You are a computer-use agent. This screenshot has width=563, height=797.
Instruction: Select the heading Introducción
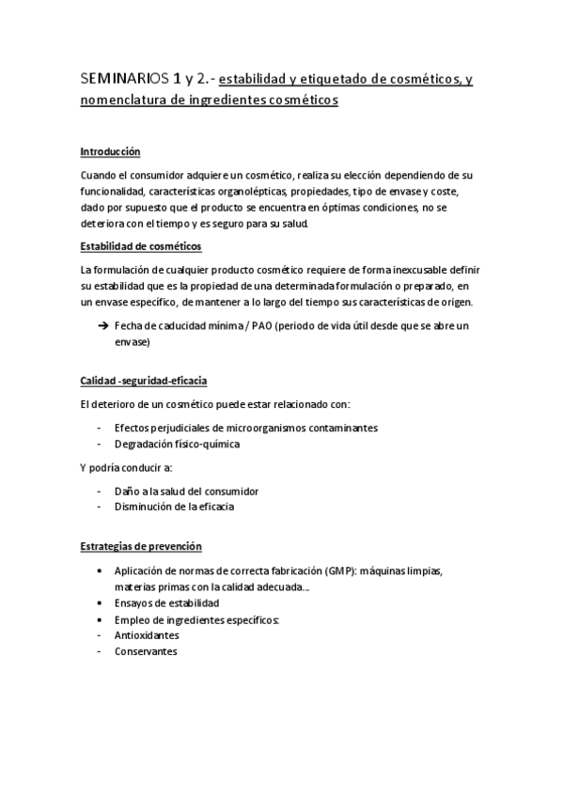click(110, 150)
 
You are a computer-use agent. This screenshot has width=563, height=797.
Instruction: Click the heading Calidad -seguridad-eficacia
click(144, 381)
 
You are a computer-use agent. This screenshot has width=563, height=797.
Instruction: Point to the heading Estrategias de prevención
click(141, 546)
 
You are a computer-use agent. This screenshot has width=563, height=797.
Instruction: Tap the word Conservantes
click(146, 650)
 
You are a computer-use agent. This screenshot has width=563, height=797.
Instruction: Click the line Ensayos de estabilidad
click(167, 602)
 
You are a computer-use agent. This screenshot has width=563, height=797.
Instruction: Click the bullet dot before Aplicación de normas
click(101, 570)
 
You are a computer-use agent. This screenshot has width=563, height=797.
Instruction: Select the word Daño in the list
click(126, 491)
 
